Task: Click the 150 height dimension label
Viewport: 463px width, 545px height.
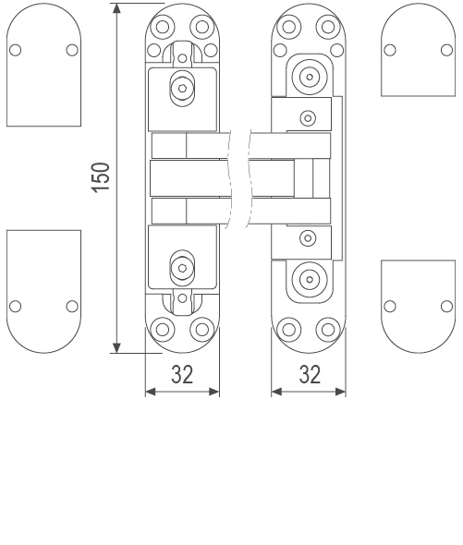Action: (101, 177)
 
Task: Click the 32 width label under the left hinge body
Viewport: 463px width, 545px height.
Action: (182, 375)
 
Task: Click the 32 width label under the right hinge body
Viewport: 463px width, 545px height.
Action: (310, 375)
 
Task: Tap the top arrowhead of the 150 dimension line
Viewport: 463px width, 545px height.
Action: (116, 8)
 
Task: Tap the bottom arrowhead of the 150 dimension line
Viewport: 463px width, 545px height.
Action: (116, 347)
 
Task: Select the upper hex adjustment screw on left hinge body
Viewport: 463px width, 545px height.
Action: (182, 89)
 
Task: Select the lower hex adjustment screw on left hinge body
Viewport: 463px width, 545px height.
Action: (182, 268)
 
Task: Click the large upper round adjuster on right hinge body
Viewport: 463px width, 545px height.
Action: (310, 77)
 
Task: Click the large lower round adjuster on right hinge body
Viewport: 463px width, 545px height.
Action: (310, 280)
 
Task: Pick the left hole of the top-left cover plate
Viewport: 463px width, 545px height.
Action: (16, 50)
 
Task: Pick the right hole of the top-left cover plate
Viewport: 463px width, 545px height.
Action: (72, 50)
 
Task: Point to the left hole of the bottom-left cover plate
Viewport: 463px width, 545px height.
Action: (16, 306)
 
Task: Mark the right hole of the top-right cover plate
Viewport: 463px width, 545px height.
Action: (447, 50)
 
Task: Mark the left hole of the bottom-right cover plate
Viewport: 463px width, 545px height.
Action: (390, 306)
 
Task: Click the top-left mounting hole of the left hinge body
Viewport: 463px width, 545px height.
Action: (163, 27)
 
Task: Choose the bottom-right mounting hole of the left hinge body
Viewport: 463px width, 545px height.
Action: (201, 330)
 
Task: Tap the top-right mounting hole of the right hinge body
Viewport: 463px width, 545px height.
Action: (328, 27)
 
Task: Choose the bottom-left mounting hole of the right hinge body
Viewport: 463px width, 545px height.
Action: (288, 330)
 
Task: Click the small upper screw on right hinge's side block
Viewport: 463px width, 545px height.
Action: (308, 118)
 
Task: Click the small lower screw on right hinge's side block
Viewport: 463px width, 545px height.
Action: (308, 238)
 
